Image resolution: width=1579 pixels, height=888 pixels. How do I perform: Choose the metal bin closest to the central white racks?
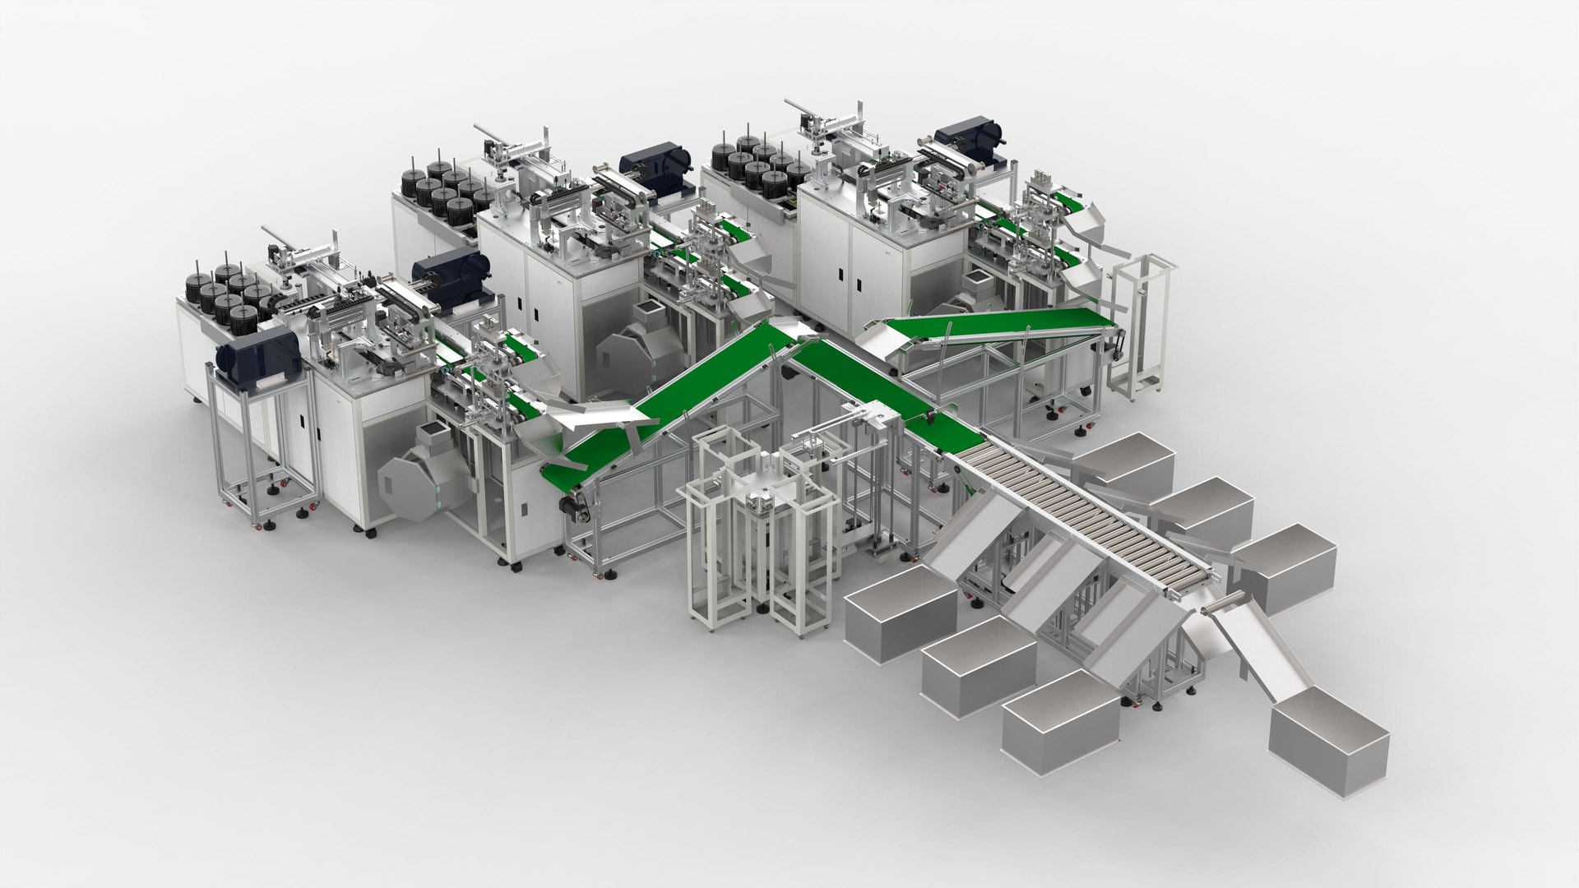coord(901,613)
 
